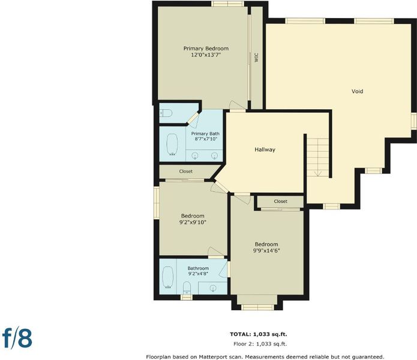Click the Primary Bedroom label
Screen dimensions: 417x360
tap(206, 49)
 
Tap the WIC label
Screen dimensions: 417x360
tap(256, 58)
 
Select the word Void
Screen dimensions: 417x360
tap(357, 91)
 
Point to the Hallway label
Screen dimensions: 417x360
tap(265, 149)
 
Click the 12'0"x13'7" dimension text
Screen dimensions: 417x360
tap(206, 55)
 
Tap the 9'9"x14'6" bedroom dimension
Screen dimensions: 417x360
tap(266, 250)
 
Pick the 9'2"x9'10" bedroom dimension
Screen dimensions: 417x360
tap(193, 222)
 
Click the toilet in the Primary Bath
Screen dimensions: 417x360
tap(166, 113)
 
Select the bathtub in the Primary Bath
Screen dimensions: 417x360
tap(172, 145)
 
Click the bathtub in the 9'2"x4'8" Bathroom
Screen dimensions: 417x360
tap(168, 277)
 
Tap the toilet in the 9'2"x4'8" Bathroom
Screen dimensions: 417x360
tap(187, 288)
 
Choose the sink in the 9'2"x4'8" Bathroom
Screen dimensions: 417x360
tap(213, 288)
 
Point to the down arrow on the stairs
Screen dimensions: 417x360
tap(318, 172)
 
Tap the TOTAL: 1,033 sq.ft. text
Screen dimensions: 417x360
tap(259, 334)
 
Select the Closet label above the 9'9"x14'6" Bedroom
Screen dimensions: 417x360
tap(281, 202)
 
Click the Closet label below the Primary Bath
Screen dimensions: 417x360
tap(186, 172)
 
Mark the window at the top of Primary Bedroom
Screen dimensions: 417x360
tap(227, 4)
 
